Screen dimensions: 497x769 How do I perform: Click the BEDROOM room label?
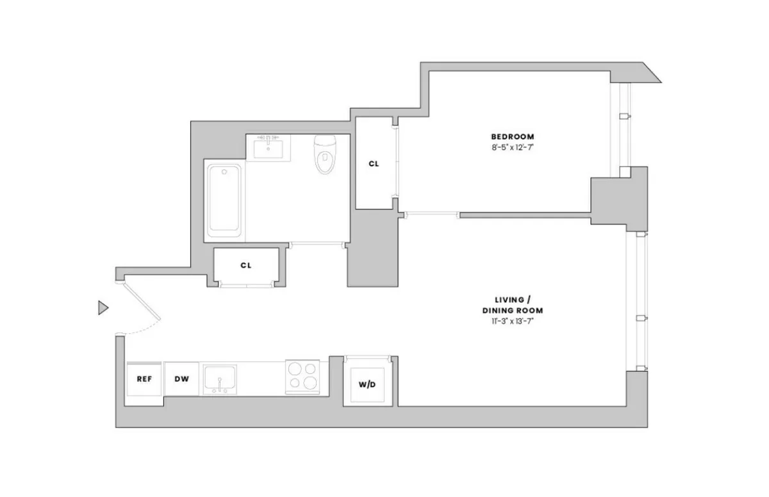point(512,136)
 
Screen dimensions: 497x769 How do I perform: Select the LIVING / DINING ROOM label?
point(513,305)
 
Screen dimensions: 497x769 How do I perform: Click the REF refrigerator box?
point(144,379)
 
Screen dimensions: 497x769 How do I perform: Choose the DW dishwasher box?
point(182,379)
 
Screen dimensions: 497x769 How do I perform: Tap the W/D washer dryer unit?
point(367,386)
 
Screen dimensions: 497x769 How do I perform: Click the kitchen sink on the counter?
point(220,379)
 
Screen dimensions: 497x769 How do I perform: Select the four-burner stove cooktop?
point(302,376)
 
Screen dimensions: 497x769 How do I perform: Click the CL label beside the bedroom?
point(374,164)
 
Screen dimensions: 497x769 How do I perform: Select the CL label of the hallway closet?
point(245,265)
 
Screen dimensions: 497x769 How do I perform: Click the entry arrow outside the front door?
point(103,308)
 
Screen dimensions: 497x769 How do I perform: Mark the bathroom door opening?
point(317,244)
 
